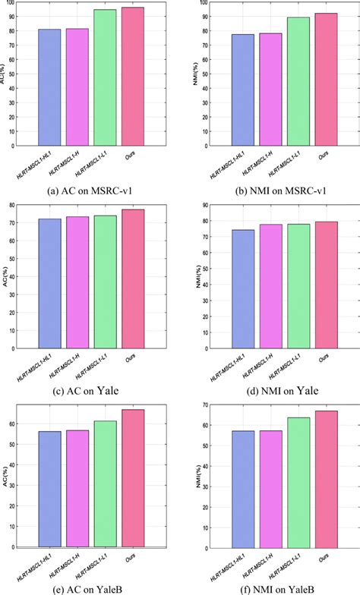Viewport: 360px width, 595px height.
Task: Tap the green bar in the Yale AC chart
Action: pos(105,282)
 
